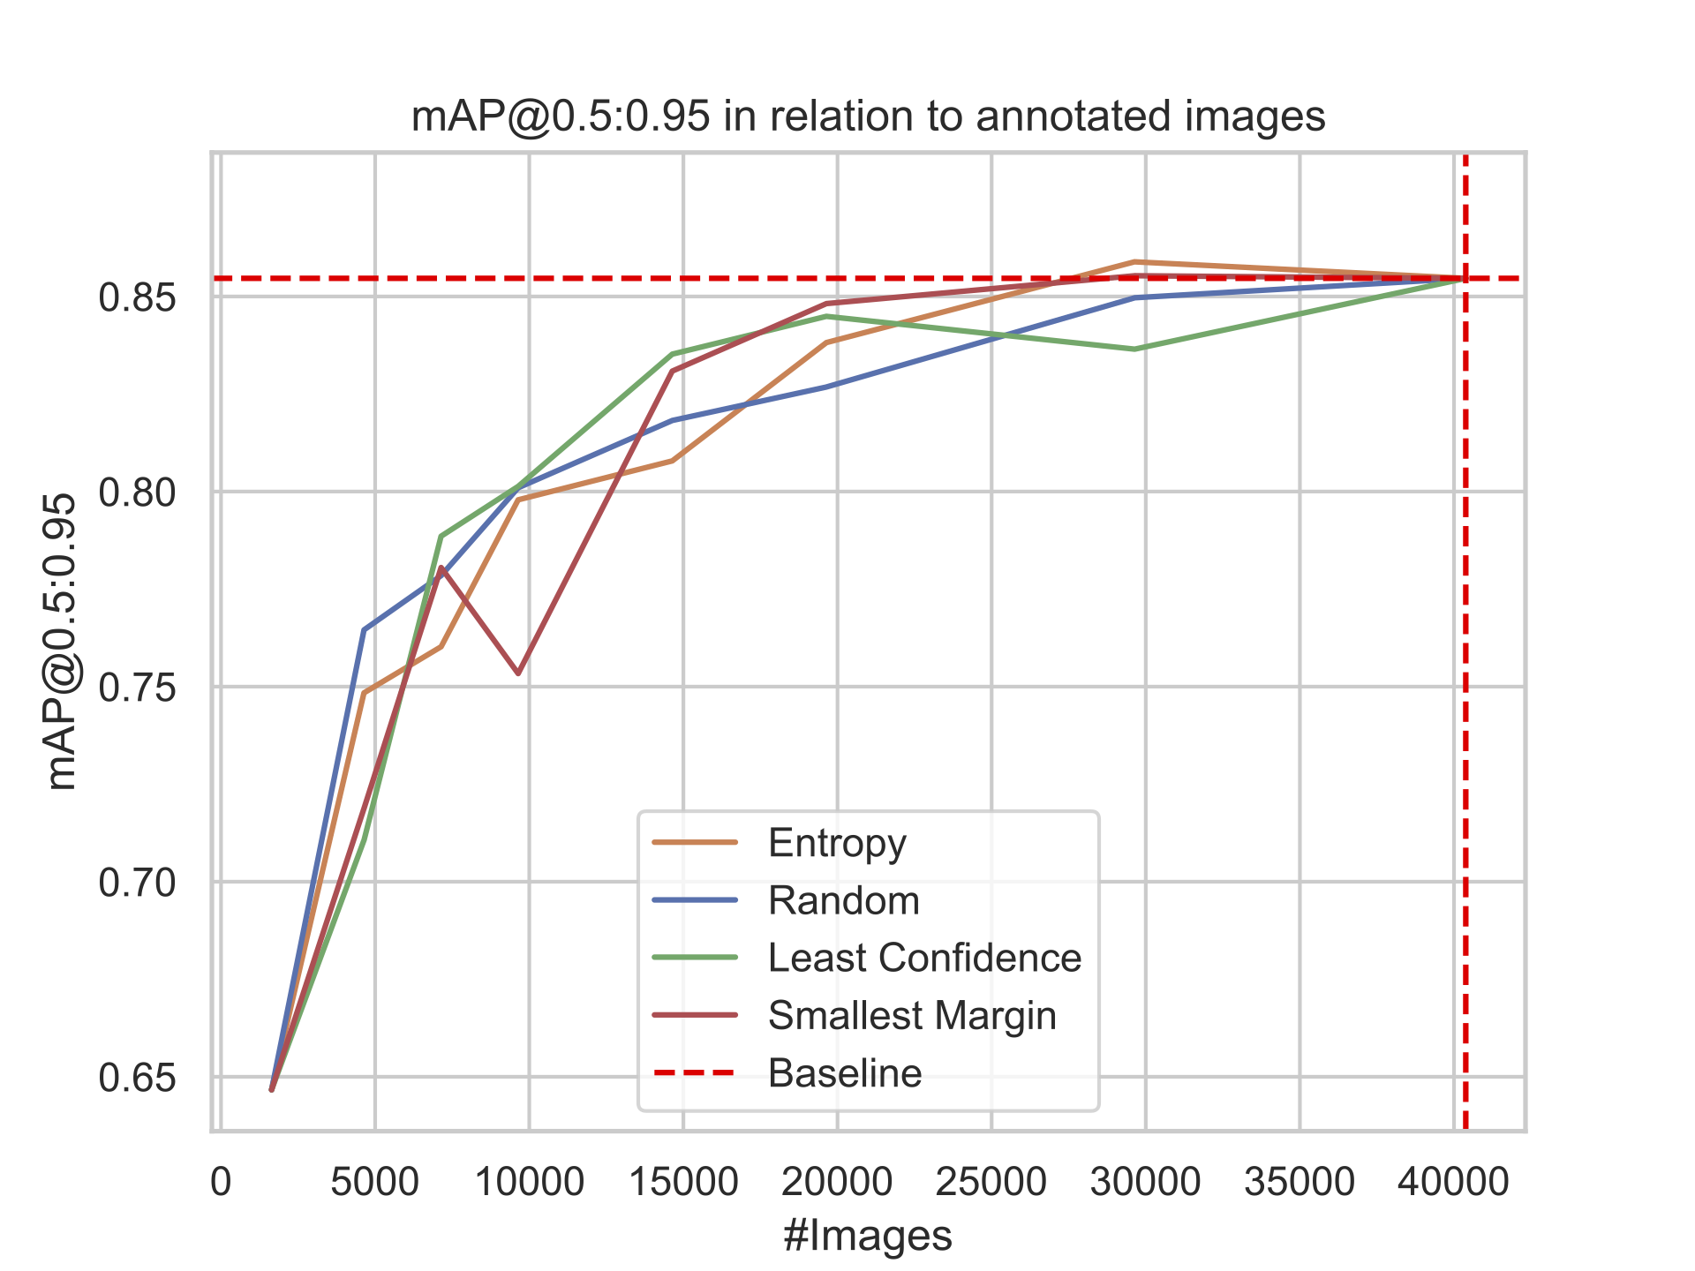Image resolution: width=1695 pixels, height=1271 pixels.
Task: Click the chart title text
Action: (868, 117)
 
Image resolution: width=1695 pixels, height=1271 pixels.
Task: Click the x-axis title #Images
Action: (868, 1235)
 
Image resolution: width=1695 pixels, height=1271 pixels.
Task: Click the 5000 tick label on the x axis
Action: (374, 1181)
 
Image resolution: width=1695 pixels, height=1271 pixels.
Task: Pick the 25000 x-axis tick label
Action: (991, 1181)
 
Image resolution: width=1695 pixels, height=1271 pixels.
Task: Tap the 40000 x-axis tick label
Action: (1453, 1181)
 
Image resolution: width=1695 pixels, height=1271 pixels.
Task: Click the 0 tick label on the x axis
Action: (221, 1181)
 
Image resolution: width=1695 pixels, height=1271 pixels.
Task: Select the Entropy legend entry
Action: (837, 843)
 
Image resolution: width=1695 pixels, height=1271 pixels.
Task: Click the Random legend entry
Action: (843, 900)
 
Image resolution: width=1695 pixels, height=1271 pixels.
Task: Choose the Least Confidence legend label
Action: (924, 958)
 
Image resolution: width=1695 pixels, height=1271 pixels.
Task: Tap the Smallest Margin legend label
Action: (912, 1016)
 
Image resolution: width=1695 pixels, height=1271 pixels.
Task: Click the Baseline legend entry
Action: (845, 1073)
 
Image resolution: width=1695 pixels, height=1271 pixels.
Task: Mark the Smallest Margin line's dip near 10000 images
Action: (518, 673)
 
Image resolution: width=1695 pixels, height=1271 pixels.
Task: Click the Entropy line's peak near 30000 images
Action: (1134, 262)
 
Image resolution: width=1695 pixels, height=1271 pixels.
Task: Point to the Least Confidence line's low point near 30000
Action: (1134, 350)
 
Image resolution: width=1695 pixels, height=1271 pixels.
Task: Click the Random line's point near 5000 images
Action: (364, 629)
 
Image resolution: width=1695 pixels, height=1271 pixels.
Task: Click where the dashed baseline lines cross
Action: (1465, 279)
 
